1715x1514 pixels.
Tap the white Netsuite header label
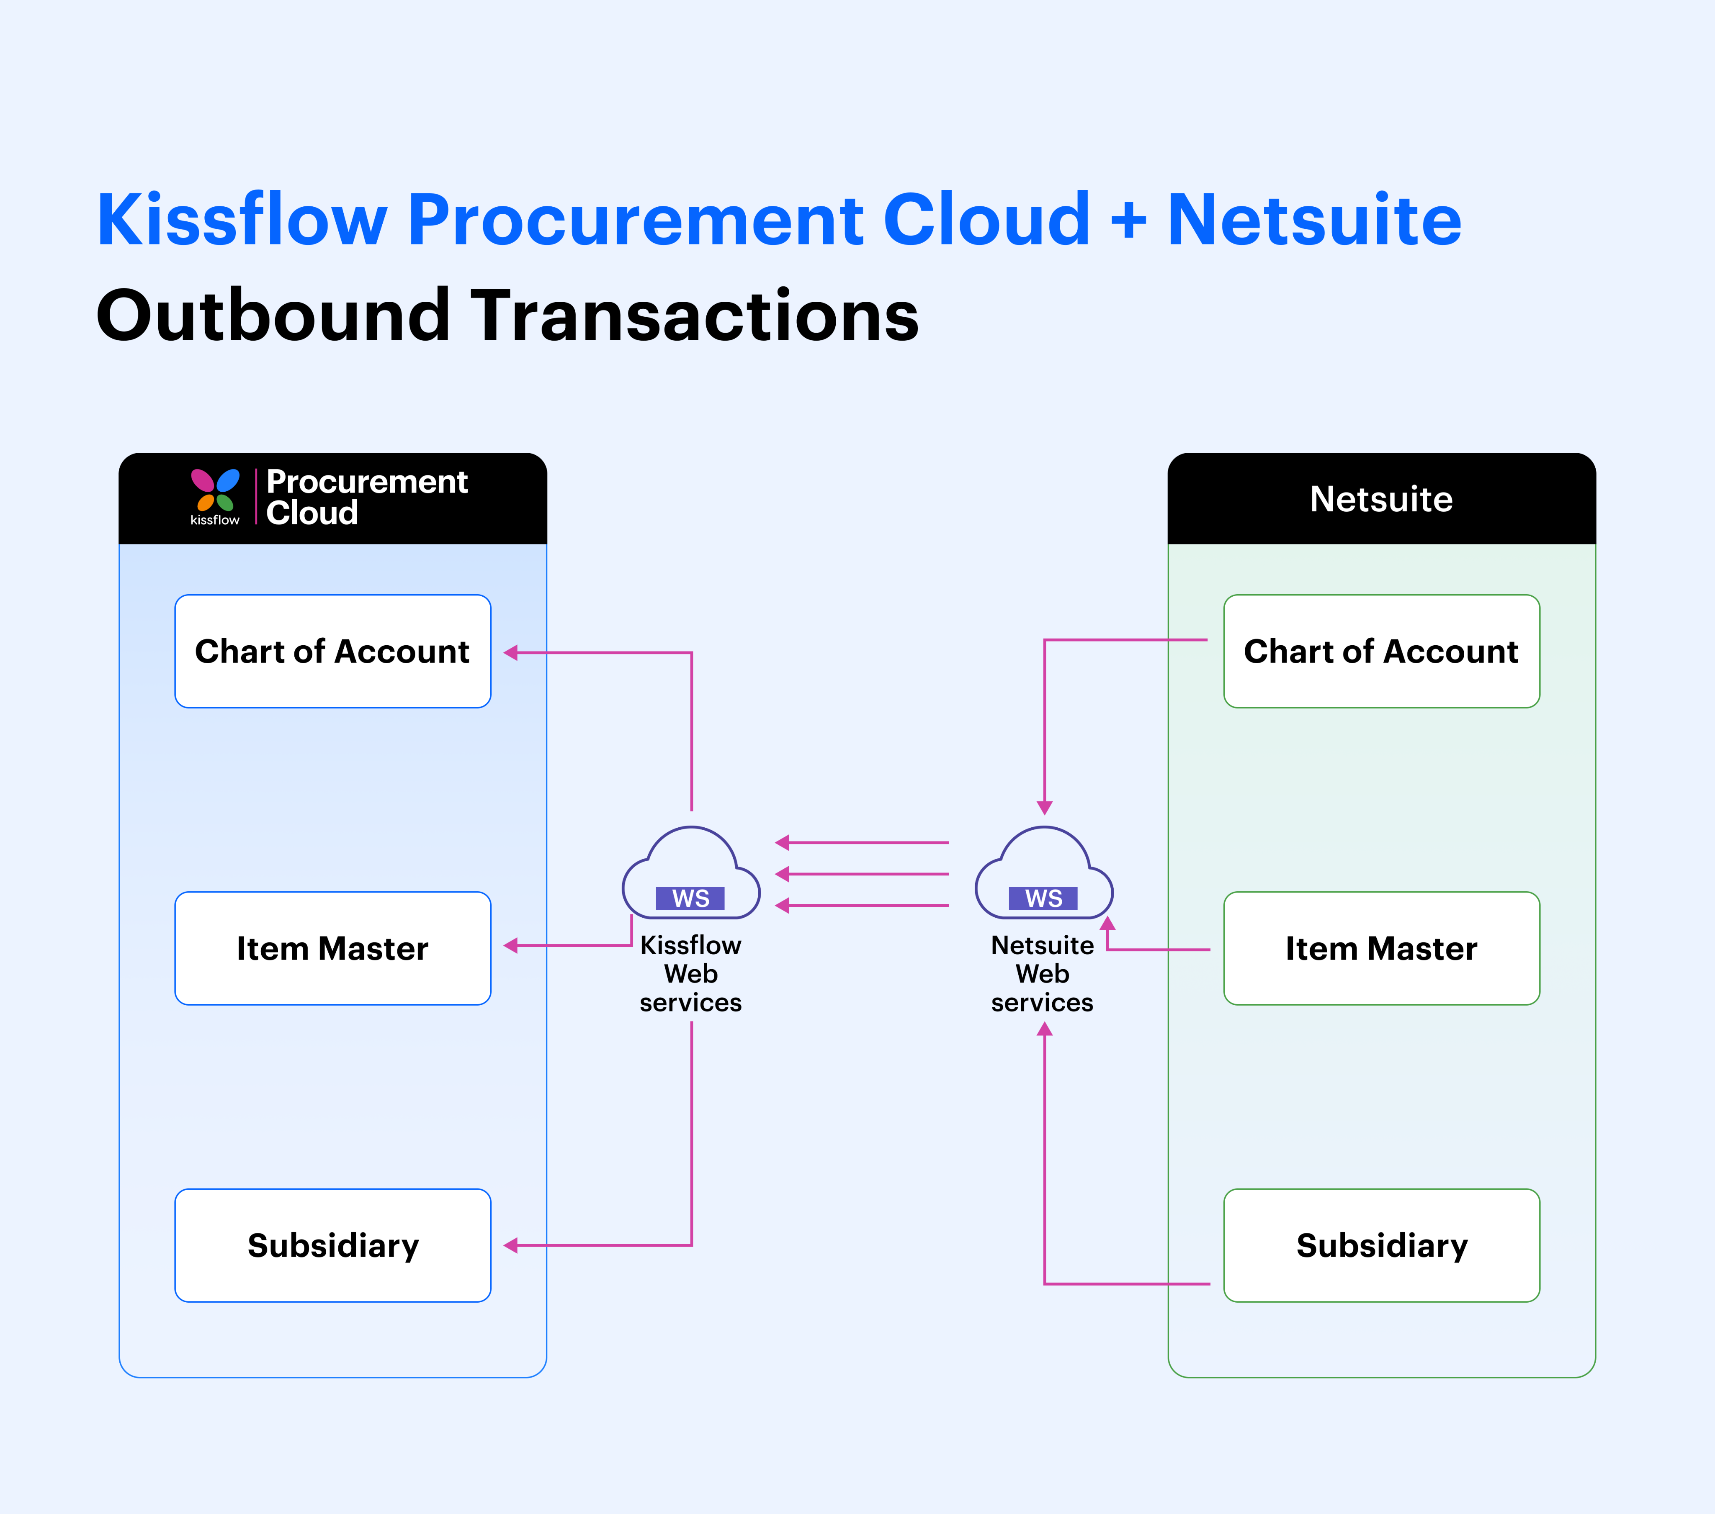click(x=1381, y=499)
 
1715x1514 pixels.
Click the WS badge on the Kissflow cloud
click(x=690, y=898)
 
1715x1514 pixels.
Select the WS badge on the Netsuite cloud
click(x=1044, y=898)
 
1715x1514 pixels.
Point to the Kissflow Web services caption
click(x=690, y=974)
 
